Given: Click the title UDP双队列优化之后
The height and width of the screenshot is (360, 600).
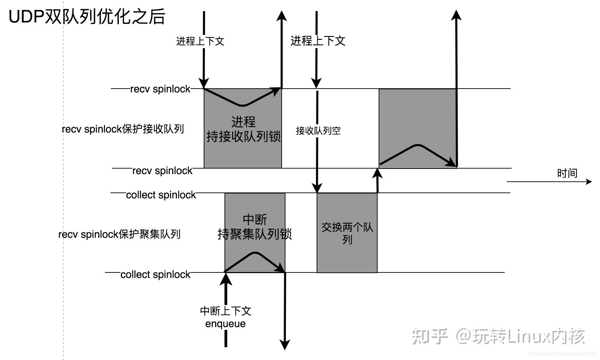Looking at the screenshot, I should click(87, 17).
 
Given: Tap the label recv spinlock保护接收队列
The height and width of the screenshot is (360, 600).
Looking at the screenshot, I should click(123, 129).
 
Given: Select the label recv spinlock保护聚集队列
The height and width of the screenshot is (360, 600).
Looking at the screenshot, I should click(119, 234).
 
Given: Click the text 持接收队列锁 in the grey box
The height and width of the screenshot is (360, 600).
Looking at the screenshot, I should click(243, 137).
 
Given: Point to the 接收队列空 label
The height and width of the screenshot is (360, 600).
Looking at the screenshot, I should click(318, 130).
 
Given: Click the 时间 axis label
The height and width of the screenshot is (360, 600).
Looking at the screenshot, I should click(567, 173).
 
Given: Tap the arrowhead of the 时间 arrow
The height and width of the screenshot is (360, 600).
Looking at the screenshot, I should click(589, 181).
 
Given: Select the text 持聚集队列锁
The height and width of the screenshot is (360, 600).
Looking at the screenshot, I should click(255, 234).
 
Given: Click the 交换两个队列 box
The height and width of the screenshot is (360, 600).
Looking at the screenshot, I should click(347, 233).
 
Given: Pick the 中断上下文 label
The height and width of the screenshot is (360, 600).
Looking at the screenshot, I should click(226, 311).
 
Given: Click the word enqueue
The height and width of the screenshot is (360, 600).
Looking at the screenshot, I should click(225, 324).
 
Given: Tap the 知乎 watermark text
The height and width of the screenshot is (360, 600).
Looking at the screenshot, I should click(430, 336).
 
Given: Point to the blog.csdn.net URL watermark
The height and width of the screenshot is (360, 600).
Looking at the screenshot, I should click(563, 354).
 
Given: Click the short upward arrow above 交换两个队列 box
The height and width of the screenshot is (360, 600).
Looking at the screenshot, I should click(377, 180).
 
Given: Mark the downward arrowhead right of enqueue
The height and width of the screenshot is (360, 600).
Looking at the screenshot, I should click(285, 345).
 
